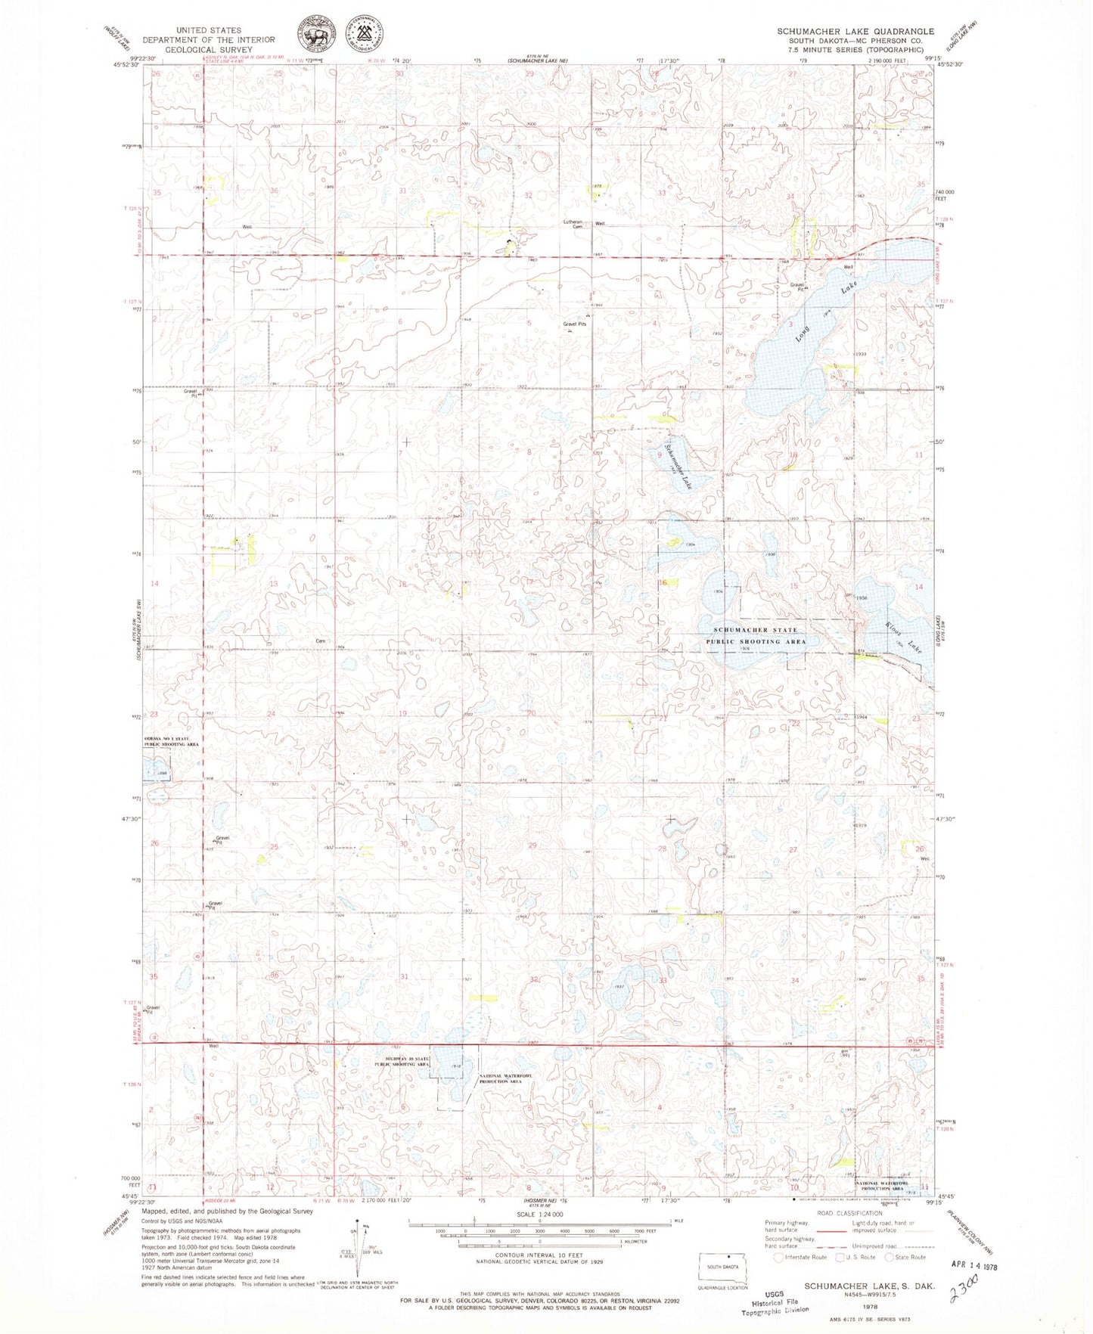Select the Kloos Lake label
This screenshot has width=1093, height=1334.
pyautogui.click(x=903, y=638)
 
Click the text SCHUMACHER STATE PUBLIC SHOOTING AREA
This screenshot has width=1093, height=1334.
pyautogui.click(x=756, y=635)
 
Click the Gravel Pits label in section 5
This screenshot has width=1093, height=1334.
pyautogui.click(x=575, y=324)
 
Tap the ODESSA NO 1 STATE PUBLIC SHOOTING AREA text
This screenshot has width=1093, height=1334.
pyautogui.click(x=172, y=741)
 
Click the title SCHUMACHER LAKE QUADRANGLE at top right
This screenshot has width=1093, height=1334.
pyautogui.click(x=855, y=31)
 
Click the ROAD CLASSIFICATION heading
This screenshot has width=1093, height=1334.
pyautogui.click(x=849, y=1234)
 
